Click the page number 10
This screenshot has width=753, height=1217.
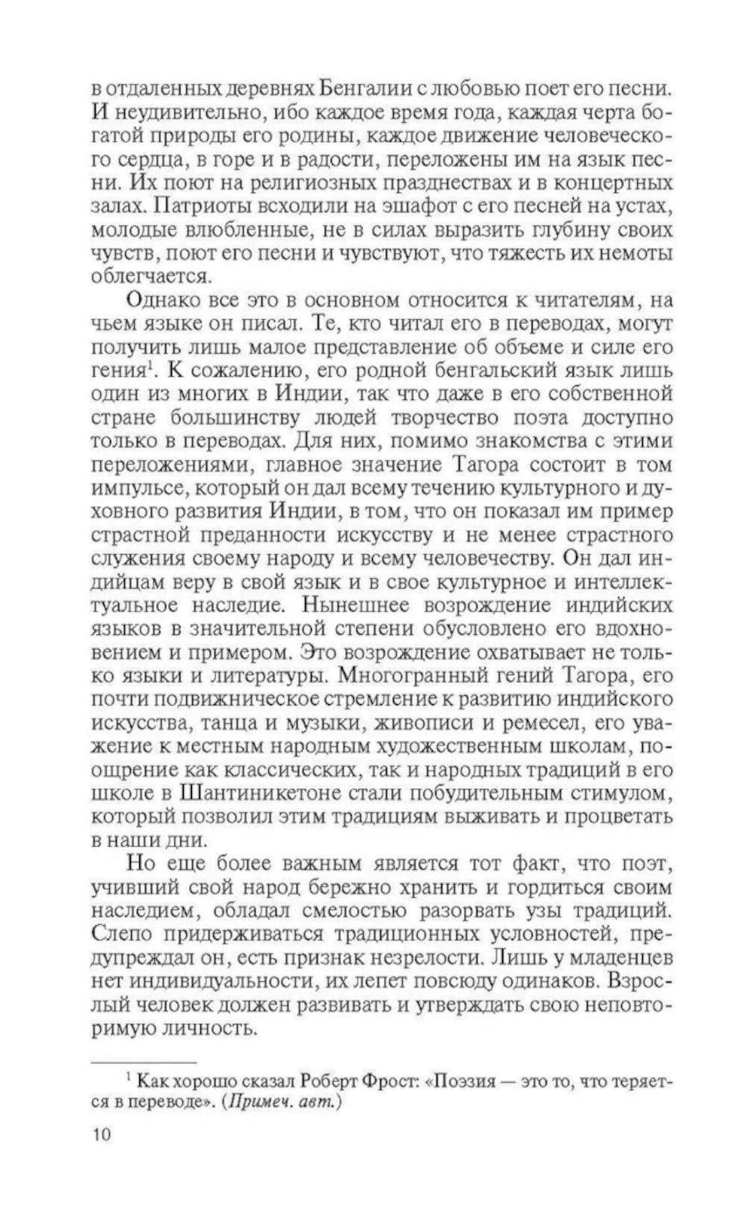(100, 1133)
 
